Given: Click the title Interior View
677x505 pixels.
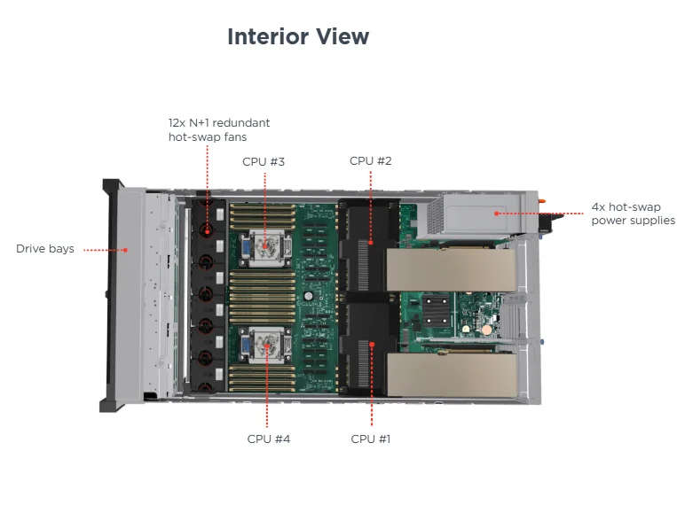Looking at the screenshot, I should pyautogui.click(x=298, y=36).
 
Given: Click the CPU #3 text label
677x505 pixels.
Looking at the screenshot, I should pyautogui.click(x=264, y=161).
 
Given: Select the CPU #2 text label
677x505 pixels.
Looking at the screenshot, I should pyautogui.click(x=370, y=160).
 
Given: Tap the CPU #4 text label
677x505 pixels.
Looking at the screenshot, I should pyautogui.click(x=268, y=439).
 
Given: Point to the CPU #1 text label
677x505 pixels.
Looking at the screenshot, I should pyautogui.click(x=371, y=439).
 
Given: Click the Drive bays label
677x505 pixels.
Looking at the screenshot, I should pyautogui.click(x=45, y=249).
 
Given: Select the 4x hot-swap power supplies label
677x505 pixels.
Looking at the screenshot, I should pyautogui.click(x=633, y=214).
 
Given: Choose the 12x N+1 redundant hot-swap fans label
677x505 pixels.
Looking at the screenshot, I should pyautogui.click(x=219, y=129).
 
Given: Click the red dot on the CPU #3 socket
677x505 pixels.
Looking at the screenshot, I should pyautogui.click(x=265, y=240).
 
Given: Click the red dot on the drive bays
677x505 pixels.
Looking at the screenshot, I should pyautogui.click(x=125, y=250).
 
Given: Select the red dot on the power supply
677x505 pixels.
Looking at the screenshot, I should pyautogui.click(x=497, y=214).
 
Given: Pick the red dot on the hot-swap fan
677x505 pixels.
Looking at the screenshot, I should pyautogui.click(x=207, y=232).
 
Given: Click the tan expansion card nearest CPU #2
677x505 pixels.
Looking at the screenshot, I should pyautogui.click(x=450, y=269).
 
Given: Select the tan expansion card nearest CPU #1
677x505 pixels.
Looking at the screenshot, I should pyautogui.click(x=452, y=376).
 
